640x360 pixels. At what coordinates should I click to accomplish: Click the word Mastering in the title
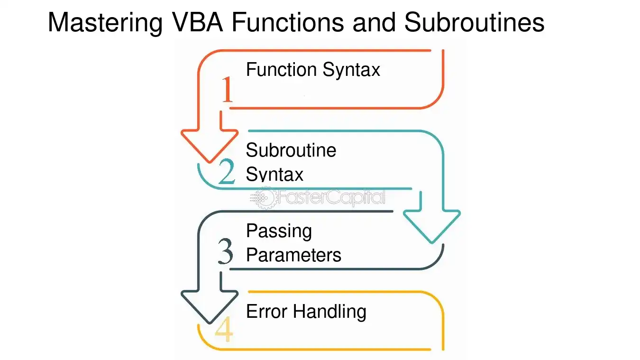(x=105, y=23)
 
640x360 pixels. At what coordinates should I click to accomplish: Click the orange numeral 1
(x=228, y=89)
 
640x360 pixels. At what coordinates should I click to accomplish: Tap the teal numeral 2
(x=227, y=171)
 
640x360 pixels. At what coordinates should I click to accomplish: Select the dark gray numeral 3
(x=226, y=251)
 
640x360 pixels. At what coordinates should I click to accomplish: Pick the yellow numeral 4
(x=224, y=329)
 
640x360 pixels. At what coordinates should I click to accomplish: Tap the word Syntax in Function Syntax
(x=351, y=70)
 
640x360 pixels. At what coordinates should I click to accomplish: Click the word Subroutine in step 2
(x=291, y=150)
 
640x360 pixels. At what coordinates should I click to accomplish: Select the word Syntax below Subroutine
(x=274, y=174)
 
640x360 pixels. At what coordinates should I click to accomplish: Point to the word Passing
(x=279, y=231)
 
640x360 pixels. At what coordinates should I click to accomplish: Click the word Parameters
(x=294, y=255)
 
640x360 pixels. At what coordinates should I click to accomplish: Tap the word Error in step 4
(x=266, y=312)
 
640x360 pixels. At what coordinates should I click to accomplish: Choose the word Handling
(x=329, y=312)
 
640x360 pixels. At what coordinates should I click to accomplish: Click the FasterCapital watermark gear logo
(x=264, y=198)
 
